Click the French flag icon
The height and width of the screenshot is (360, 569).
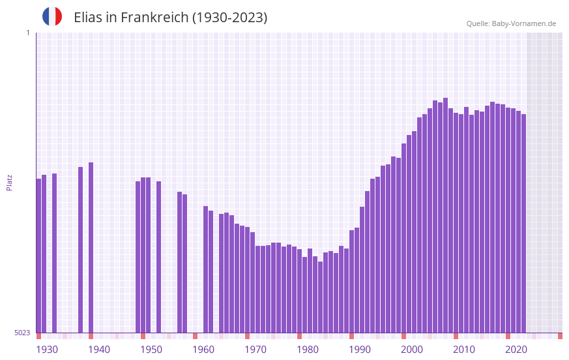click(52, 17)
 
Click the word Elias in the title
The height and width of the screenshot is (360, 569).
click(88, 18)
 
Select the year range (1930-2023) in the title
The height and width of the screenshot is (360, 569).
click(229, 18)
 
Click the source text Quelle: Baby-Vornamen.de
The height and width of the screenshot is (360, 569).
click(511, 24)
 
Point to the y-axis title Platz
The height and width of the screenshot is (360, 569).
click(9, 182)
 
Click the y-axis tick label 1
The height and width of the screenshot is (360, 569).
click(27, 33)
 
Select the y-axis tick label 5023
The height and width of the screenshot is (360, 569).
click(22, 333)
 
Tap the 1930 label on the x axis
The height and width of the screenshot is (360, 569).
click(47, 350)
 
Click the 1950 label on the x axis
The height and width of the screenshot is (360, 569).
click(151, 350)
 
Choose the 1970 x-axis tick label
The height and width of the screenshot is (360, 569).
click(255, 350)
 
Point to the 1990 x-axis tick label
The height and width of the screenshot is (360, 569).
click(360, 350)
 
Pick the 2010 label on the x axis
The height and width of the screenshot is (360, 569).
click(464, 350)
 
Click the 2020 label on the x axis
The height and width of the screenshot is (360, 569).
click(516, 350)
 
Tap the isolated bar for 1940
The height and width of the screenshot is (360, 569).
click(91, 248)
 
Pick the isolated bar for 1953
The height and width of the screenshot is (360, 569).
click(159, 257)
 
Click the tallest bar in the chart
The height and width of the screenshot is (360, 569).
click(446, 215)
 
